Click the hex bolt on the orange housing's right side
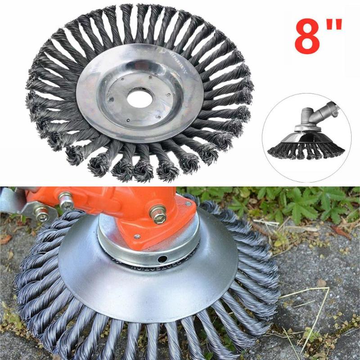[158, 215]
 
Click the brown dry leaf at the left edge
[5, 238]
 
